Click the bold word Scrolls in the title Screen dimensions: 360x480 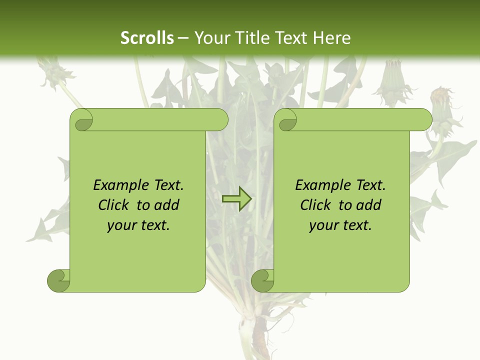coord(147,38)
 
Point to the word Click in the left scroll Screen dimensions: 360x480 coord(114,205)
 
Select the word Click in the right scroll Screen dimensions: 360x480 coord(316,205)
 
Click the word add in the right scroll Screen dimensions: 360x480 coord(369,205)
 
